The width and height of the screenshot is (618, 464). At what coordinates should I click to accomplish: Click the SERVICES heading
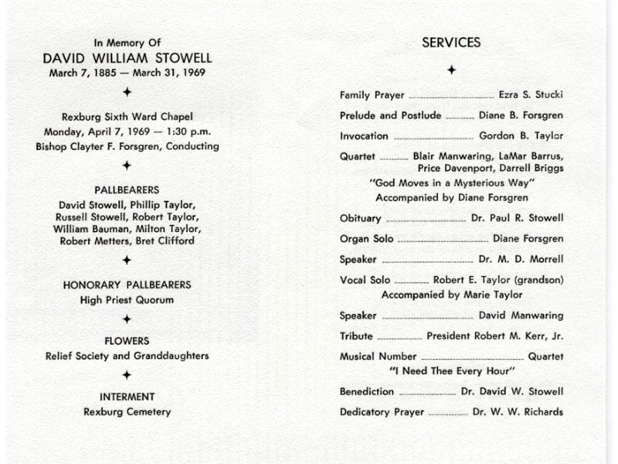(x=451, y=43)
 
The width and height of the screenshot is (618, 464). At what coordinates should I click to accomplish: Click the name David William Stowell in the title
(x=127, y=58)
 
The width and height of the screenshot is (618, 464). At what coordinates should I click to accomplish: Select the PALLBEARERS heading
(x=127, y=189)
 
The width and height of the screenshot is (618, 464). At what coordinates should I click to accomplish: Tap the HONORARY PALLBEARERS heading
(x=127, y=285)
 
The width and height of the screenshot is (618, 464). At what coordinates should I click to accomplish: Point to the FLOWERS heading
(x=127, y=340)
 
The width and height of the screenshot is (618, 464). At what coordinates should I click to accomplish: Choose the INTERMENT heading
(x=127, y=397)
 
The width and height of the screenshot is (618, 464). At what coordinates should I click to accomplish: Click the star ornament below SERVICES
(x=451, y=70)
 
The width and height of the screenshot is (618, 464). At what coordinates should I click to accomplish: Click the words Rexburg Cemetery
(x=127, y=412)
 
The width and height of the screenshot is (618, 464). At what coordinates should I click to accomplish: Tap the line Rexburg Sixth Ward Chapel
(x=127, y=118)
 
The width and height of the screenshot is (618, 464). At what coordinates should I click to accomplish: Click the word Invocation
(x=364, y=136)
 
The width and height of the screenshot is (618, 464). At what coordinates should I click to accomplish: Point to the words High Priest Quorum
(x=127, y=300)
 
